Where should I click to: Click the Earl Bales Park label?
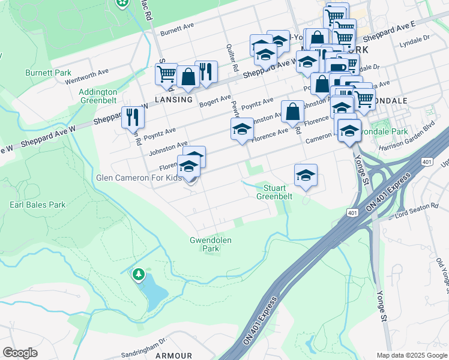coord(37,205)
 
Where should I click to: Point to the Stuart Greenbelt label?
coord(274,192)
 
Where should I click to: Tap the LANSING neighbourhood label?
coord(173,100)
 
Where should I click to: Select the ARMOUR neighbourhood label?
coord(173,355)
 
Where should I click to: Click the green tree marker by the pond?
coord(139,275)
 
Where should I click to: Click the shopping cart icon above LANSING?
coord(166,74)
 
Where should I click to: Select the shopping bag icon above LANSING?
coord(188,76)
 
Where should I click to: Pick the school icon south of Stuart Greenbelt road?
coord(306,175)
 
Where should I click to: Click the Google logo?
coord(20,353)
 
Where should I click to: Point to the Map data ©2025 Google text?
coord(411,355)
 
